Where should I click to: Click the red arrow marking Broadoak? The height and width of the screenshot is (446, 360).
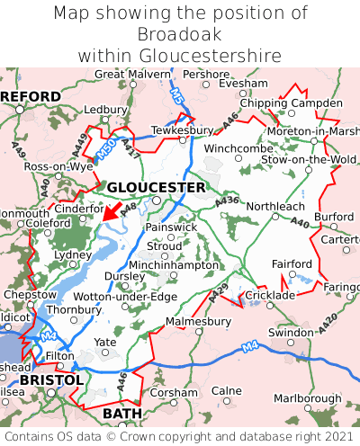(x=112, y=210)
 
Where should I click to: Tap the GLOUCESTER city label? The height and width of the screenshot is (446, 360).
(x=157, y=187)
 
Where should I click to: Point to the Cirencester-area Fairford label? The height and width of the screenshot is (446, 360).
(x=292, y=263)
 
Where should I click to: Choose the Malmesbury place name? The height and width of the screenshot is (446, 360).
(x=199, y=320)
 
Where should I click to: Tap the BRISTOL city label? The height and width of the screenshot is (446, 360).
(x=51, y=380)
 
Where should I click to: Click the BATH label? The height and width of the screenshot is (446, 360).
(x=122, y=413)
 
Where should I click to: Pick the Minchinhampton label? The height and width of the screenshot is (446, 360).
(x=175, y=266)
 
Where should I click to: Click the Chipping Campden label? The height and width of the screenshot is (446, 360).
(x=291, y=103)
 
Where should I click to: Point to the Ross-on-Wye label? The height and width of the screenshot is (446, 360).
(x=58, y=167)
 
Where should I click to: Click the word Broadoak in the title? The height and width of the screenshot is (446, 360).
(x=179, y=34)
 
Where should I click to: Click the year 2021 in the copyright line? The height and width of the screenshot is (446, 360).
(x=338, y=436)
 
